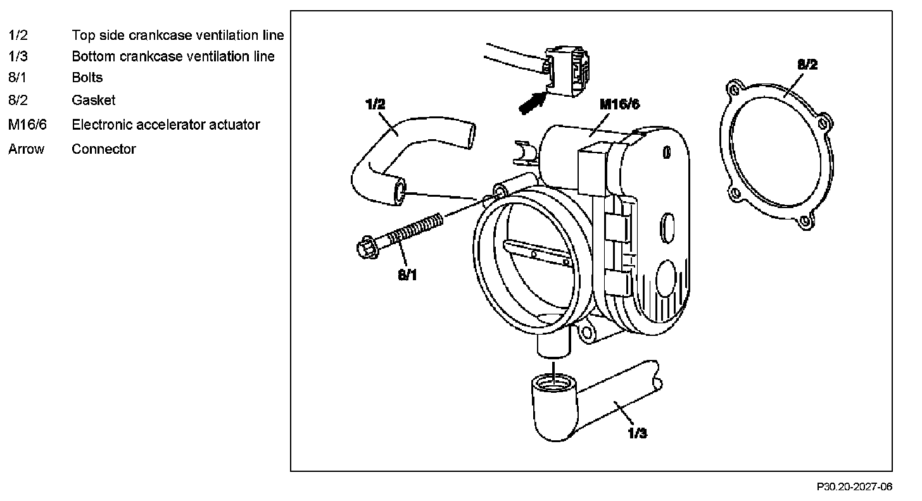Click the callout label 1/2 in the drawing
point(376,104)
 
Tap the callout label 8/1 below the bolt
point(408,275)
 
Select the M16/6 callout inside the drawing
point(619,104)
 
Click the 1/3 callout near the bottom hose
point(637,433)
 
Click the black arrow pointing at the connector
point(531,102)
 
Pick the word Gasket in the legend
point(94,100)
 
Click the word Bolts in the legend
point(87,78)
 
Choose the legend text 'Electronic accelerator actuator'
point(166,125)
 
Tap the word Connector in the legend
point(104,149)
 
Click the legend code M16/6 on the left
point(27,125)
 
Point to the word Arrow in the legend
point(27,149)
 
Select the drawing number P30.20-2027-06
point(854,486)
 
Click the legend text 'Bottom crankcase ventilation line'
point(173,56)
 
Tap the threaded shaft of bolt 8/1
point(414,228)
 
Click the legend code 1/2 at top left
point(18,35)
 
